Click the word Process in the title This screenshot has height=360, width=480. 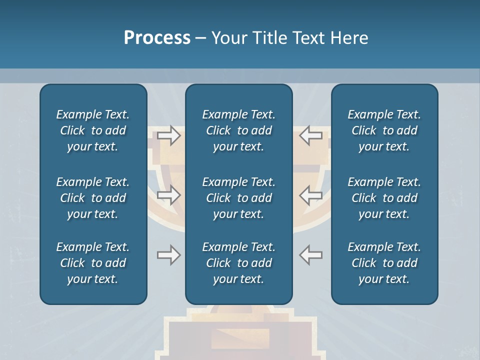click(157, 38)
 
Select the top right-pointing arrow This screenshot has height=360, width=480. click(168, 135)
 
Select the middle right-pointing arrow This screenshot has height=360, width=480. click(168, 195)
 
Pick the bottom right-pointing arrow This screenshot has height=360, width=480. click(168, 255)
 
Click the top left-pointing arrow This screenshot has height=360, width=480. click(311, 135)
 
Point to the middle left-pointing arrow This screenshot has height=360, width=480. click(311, 195)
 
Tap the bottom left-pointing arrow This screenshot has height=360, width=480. click(311, 255)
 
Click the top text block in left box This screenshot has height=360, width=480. click(93, 130)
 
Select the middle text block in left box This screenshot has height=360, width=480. click(93, 198)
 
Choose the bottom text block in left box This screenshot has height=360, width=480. click(93, 263)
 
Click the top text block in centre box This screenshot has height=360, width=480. click(238, 130)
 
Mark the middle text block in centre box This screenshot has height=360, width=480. click(238, 198)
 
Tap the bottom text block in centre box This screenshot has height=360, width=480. click(238, 263)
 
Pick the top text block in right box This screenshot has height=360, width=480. click(384, 130)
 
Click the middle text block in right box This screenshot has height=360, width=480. click(384, 198)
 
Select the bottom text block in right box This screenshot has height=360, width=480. click(384, 263)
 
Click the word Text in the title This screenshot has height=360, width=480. click(308, 38)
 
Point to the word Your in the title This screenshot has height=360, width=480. click(228, 38)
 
